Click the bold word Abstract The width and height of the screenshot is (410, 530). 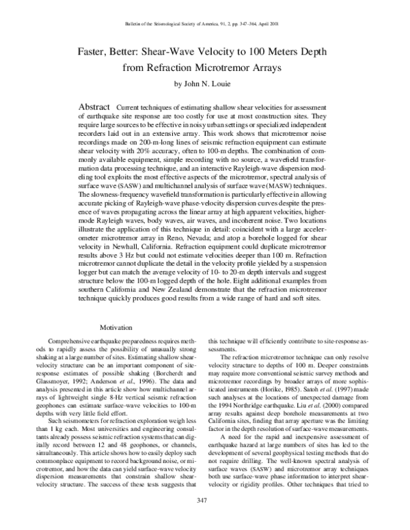[x=96, y=109]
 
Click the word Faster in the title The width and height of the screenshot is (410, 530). [x=97, y=51]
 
